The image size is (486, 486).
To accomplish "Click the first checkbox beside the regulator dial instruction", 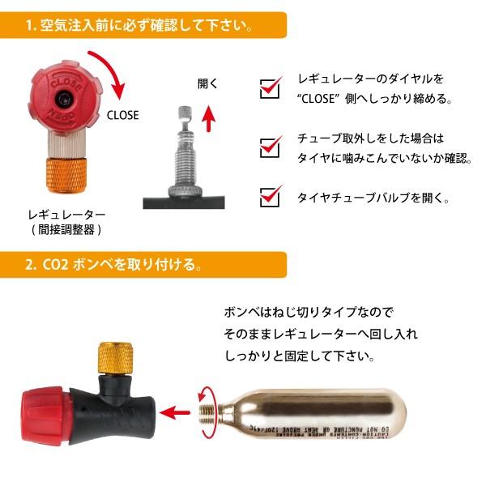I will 269,88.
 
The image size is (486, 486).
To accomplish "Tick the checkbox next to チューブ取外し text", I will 269,147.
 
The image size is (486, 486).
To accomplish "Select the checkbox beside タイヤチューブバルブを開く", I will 269,196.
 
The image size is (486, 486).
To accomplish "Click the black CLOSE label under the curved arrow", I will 123,115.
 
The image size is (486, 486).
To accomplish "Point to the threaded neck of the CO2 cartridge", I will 207,411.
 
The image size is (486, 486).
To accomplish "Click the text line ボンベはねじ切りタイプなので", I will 308,312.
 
